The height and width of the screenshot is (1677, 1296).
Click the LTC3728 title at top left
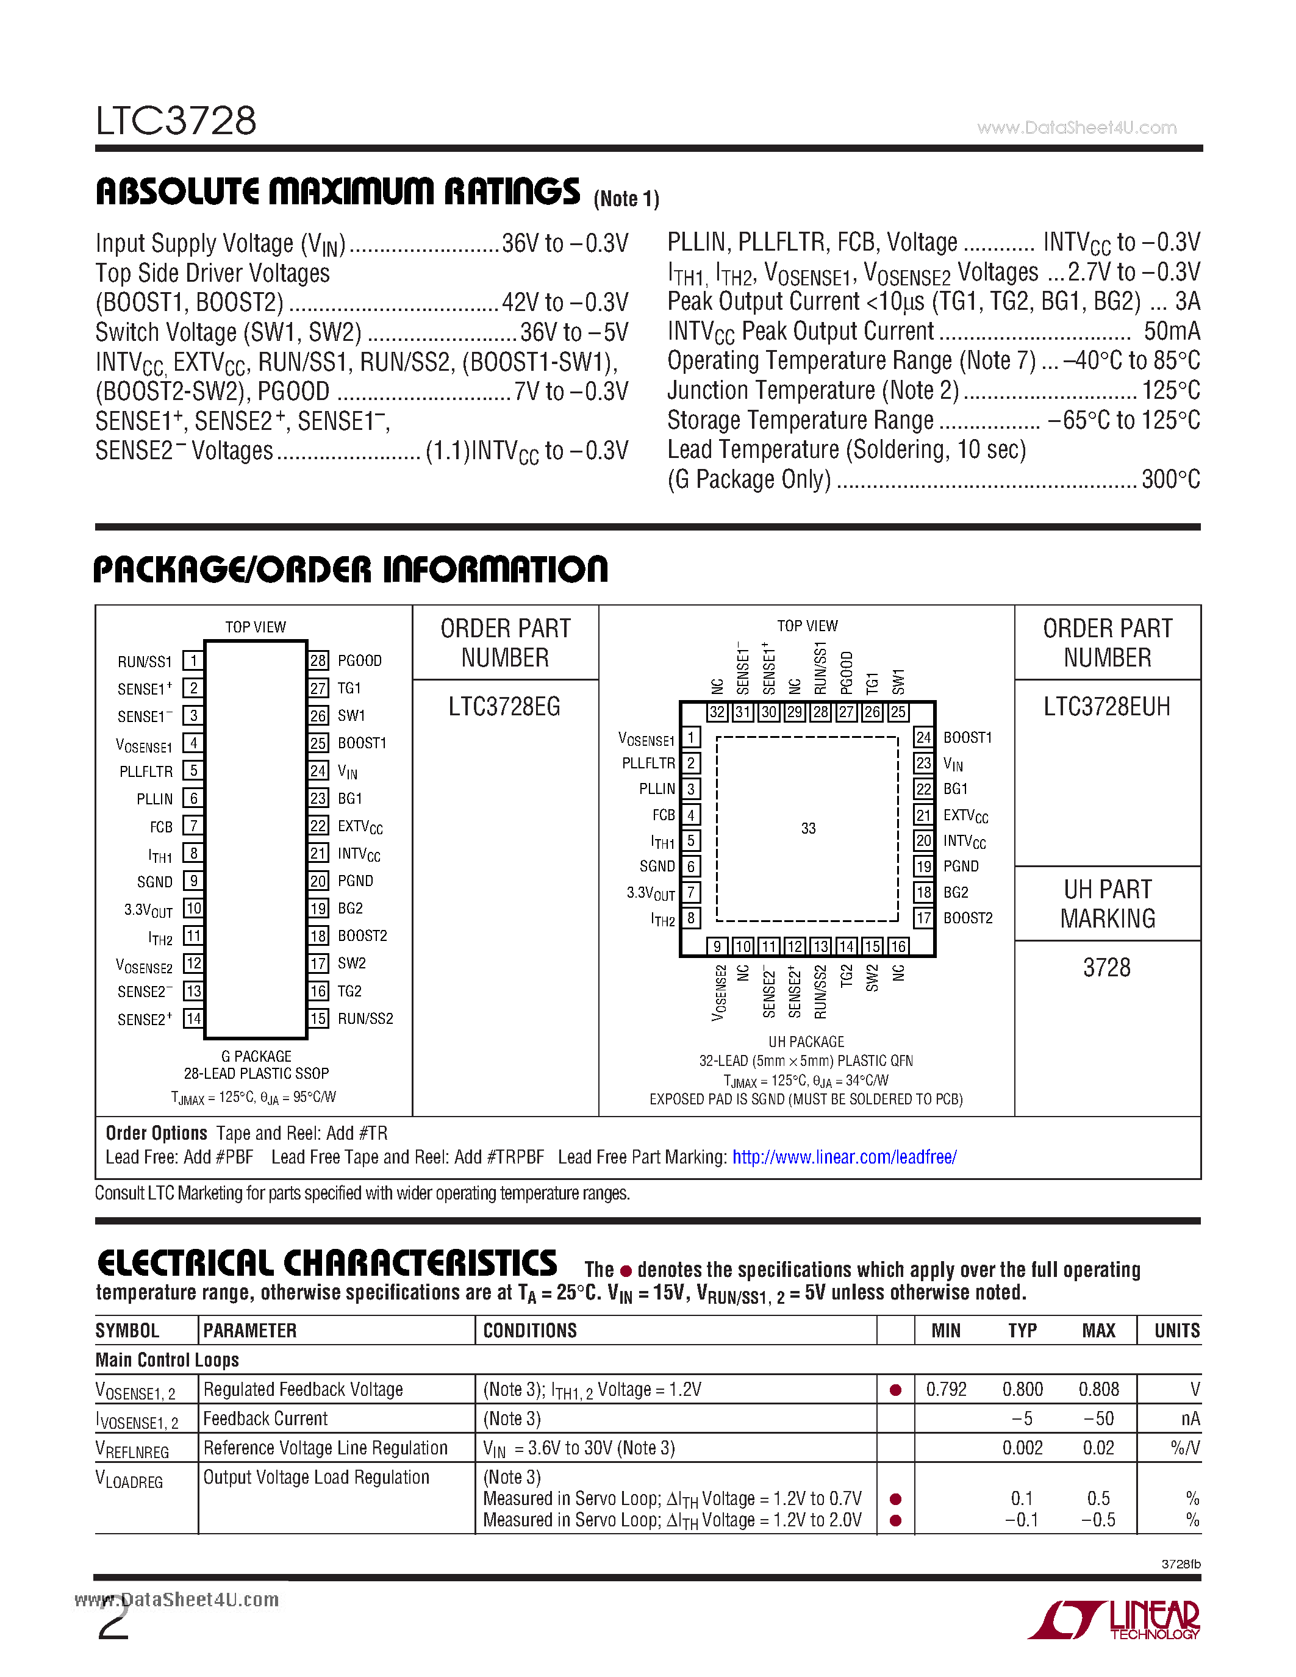176,121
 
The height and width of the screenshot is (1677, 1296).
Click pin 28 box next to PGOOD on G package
318,660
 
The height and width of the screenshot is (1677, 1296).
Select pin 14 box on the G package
193,1019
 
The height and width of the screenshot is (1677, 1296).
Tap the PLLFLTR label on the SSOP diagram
146,771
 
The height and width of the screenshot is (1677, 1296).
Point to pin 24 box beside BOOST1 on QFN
923,737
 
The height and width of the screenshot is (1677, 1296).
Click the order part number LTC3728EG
504,706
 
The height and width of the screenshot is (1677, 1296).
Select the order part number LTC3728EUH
1106,706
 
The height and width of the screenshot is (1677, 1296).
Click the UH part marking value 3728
1106,968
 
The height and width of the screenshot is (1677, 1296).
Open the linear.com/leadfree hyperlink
844,1157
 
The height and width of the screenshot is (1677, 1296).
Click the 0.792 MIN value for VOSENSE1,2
946,1389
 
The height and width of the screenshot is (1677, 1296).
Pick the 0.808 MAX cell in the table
1098,1389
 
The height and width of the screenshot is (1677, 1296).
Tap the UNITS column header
1176,1331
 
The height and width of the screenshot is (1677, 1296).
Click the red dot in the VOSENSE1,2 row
895,1390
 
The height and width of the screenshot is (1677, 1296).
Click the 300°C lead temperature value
1170,480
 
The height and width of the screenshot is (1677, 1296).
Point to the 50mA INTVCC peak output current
1171,332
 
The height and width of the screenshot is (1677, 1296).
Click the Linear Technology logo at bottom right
1115,1620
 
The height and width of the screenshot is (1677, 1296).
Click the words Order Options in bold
157,1134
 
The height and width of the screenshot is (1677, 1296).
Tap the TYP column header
1022,1331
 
